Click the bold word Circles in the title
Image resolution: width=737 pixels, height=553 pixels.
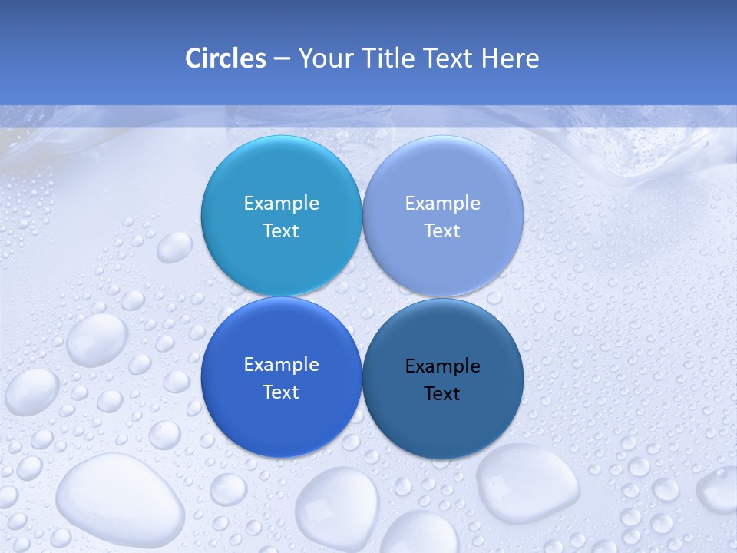pos(226,58)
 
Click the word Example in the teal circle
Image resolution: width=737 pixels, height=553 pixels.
pos(281,203)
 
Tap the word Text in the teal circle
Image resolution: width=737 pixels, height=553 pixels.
pos(281,230)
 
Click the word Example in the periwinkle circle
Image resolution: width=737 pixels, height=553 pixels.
pos(443,203)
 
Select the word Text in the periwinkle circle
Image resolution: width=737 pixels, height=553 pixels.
pos(443,230)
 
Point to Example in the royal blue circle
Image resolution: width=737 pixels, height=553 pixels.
pos(281,364)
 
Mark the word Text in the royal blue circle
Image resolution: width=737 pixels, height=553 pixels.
pos(281,392)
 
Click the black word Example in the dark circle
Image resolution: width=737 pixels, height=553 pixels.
pos(443,366)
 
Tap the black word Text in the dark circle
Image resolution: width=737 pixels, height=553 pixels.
pos(443,393)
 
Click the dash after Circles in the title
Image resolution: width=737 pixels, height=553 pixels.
pos(282,58)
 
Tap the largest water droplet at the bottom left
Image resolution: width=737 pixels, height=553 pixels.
pos(119,499)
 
